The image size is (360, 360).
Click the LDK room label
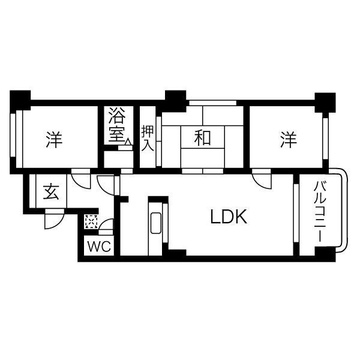(228, 217)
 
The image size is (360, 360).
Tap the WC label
(97, 247)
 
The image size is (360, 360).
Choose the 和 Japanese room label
(203, 138)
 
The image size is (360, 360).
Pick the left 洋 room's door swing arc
(79, 178)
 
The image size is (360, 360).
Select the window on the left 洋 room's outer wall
(13, 138)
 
